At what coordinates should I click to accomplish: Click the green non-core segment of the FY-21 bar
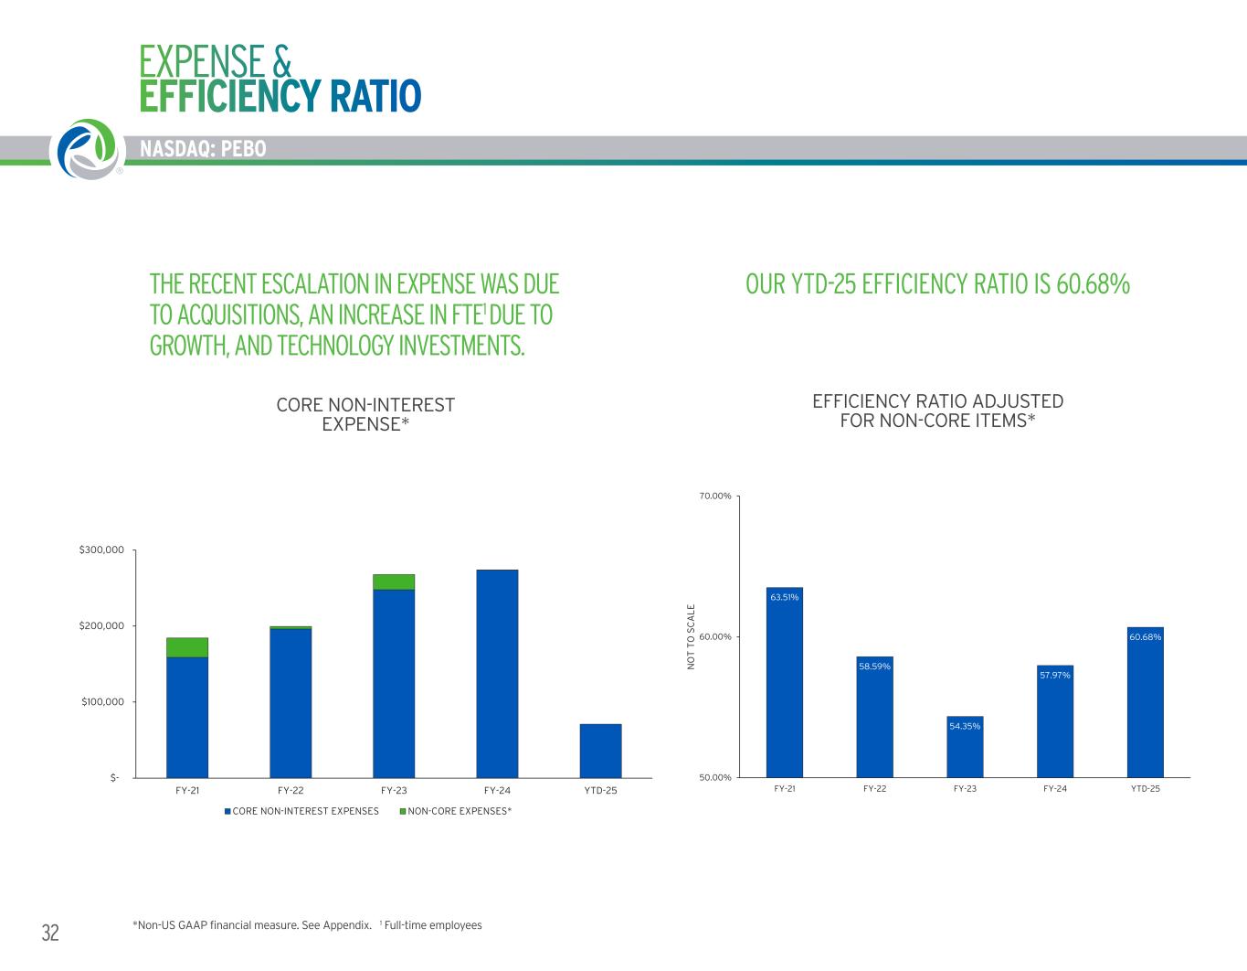[x=187, y=647]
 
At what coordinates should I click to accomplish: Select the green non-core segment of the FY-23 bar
[x=394, y=582]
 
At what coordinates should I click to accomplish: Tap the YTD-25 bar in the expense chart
[x=600, y=751]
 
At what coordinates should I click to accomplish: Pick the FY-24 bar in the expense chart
[x=497, y=674]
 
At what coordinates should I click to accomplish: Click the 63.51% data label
[x=784, y=597]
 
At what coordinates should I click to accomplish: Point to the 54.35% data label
[x=965, y=726]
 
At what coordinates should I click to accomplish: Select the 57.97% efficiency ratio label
[x=1055, y=675]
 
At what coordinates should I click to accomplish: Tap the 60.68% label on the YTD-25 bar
[x=1145, y=636]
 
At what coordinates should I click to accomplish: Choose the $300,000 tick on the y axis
[x=101, y=550]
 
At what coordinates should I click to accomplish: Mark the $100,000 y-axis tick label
[x=101, y=701]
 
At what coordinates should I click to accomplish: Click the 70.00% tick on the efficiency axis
[x=715, y=496]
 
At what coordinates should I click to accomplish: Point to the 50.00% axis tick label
[x=715, y=777]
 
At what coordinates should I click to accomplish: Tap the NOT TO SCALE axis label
[x=692, y=636]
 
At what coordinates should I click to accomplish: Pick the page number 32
[x=50, y=933]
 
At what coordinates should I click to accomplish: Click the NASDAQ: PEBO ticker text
[x=203, y=148]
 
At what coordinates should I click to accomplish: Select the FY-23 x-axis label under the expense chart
[x=394, y=790]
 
